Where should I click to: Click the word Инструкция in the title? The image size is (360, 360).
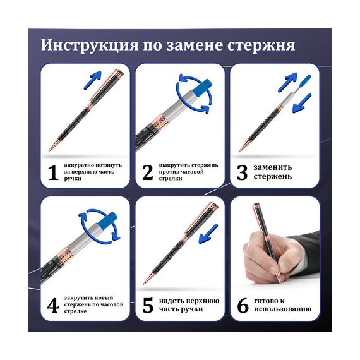coord(90,45)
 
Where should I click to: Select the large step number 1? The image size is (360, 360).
coord(53,172)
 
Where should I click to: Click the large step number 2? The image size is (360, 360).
coord(147,172)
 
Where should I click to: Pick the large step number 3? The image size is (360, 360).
coord(243,172)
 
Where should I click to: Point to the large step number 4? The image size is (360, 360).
coord(53,305)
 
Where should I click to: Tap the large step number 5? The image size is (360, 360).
coord(148,305)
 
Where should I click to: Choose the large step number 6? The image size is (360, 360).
coord(243,305)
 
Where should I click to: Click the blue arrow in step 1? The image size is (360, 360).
coord(92,80)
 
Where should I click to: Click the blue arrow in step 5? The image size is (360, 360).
coord(208,234)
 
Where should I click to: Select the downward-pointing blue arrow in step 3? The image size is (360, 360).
coord(302,103)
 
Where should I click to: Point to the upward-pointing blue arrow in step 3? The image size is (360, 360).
coord(287,82)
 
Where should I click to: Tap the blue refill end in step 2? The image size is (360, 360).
coord(201,87)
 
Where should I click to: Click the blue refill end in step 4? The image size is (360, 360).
coord(107,220)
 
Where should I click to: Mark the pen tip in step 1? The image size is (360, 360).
coord(49,150)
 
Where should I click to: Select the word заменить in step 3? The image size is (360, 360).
coord(273,167)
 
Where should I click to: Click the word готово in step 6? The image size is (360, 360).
coord(267,301)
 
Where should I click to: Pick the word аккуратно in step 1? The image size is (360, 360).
coord(79,165)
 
